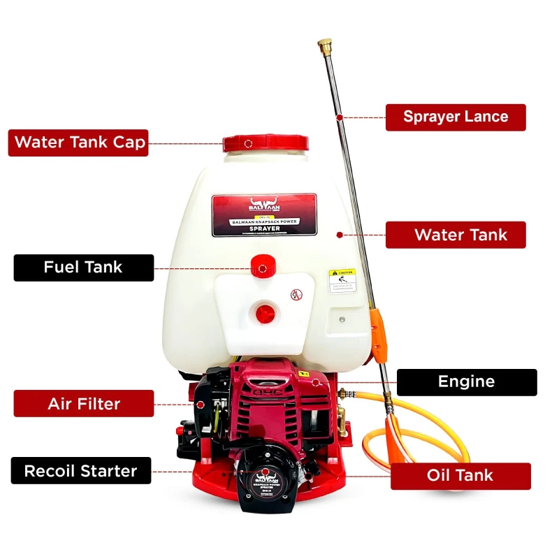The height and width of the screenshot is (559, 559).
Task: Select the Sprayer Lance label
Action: click(x=456, y=117)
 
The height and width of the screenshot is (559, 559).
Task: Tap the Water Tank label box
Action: click(x=456, y=235)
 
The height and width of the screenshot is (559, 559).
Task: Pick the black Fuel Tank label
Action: click(x=83, y=267)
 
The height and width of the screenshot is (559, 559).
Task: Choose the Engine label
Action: click(x=466, y=382)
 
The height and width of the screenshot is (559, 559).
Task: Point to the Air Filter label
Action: click(x=83, y=403)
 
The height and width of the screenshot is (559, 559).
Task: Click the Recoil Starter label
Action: click(x=81, y=471)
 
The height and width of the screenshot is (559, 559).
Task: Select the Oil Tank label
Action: click(x=460, y=476)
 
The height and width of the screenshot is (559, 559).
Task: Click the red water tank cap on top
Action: click(x=265, y=144)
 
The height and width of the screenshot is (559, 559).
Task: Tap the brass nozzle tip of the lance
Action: click(x=324, y=46)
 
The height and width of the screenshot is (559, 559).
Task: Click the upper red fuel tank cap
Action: click(x=262, y=268)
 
